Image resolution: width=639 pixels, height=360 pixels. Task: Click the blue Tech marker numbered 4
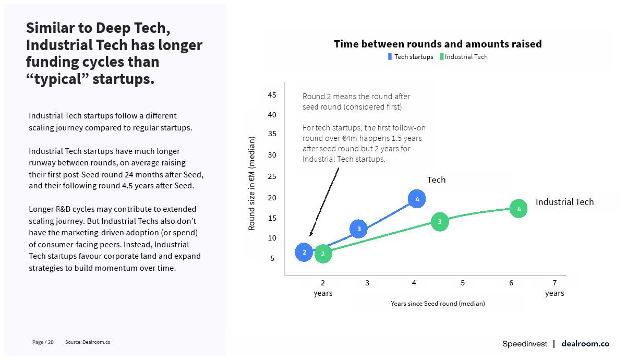[x=417, y=199]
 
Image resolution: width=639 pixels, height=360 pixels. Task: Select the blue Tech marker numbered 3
[x=358, y=229]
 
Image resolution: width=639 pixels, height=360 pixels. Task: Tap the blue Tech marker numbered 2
[x=304, y=253]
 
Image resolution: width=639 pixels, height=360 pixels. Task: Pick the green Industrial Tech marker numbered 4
[x=519, y=209]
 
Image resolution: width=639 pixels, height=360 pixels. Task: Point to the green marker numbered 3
[x=440, y=222]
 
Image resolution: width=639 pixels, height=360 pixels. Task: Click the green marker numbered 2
[x=323, y=254]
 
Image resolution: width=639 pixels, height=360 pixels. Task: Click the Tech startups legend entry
[x=411, y=57]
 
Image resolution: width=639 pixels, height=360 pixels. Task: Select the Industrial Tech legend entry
[x=464, y=57]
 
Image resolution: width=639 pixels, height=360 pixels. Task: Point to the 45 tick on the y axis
[x=272, y=95]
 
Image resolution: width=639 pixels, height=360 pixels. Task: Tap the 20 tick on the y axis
[x=272, y=197]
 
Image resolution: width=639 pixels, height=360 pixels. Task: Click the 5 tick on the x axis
[x=463, y=283]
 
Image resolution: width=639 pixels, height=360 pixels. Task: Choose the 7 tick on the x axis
[x=554, y=283]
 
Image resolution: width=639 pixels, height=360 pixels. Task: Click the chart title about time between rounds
[x=438, y=44]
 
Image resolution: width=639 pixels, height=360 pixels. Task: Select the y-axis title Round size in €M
[x=252, y=183]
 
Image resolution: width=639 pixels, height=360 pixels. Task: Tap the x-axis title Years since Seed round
[x=438, y=304]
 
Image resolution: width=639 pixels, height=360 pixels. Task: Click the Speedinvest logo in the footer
[x=525, y=344]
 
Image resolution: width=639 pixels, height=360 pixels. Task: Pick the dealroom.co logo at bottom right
[x=585, y=344]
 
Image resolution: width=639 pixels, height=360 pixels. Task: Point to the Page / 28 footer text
[x=43, y=342]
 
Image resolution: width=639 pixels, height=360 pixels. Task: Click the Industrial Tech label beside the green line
[x=564, y=202]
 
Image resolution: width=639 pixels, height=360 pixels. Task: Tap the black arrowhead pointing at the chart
[x=311, y=234]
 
